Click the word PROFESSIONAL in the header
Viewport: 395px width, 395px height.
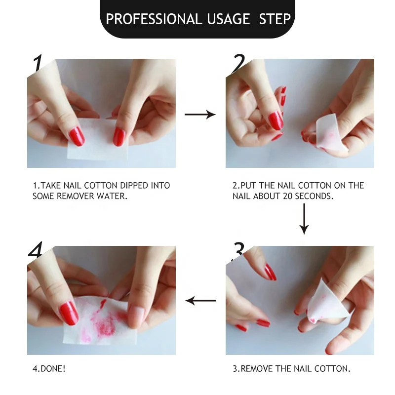pos(154,19)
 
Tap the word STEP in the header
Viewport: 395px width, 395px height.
pos(275,19)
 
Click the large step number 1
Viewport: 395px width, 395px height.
pos(38,63)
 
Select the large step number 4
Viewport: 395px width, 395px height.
pos(36,249)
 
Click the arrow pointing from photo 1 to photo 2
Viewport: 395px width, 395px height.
pos(200,115)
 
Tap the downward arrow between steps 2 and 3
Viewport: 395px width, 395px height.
pos(304,219)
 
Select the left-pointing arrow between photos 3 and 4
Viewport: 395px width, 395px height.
pos(200,301)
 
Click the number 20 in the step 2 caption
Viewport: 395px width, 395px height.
pos(287,196)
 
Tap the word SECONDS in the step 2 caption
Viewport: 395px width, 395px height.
pos(314,196)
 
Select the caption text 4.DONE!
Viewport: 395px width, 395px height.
pos(49,369)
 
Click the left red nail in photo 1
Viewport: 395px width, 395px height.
pos(77,136)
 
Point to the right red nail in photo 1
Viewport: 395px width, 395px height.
pos(118,137)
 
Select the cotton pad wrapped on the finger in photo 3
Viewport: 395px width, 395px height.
pos(327,301)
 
